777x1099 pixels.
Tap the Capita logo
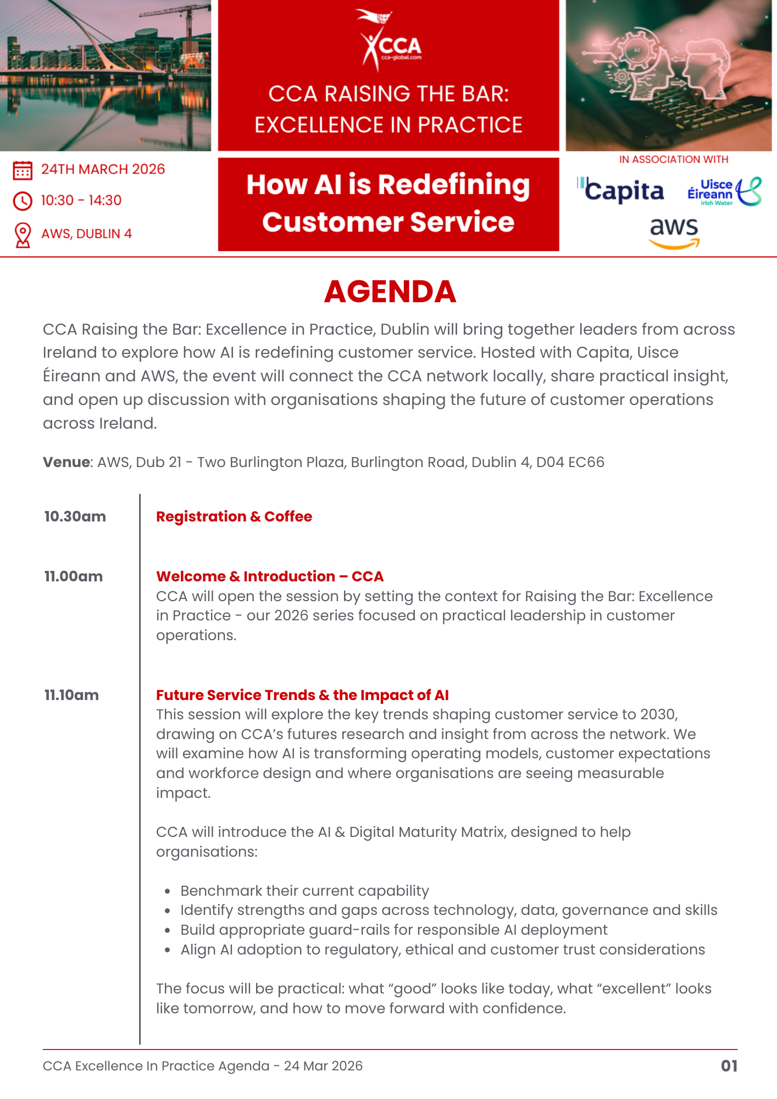tap(621, 191)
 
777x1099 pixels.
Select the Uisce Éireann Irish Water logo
tap(724, 192)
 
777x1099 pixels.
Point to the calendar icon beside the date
tap(23, 170)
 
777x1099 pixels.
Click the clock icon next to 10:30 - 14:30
tap(23, 201)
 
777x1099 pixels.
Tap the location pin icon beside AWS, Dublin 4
tap(23, 235)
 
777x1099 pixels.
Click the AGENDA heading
tap(390, 291)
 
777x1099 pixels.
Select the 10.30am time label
tap(75, 517)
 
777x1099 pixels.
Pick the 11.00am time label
tap(74, 576)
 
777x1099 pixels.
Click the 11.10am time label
tap(71, 695)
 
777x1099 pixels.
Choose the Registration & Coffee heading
tap(234, 517)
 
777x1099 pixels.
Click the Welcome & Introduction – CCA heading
tap(270, 576)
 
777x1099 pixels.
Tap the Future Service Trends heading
tap(302, 695)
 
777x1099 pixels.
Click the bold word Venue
tap(66, 462)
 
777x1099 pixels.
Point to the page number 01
tap(729, 1066)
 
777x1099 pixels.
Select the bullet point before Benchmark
tap(167, 891)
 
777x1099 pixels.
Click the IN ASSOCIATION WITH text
tap(674, 159)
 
